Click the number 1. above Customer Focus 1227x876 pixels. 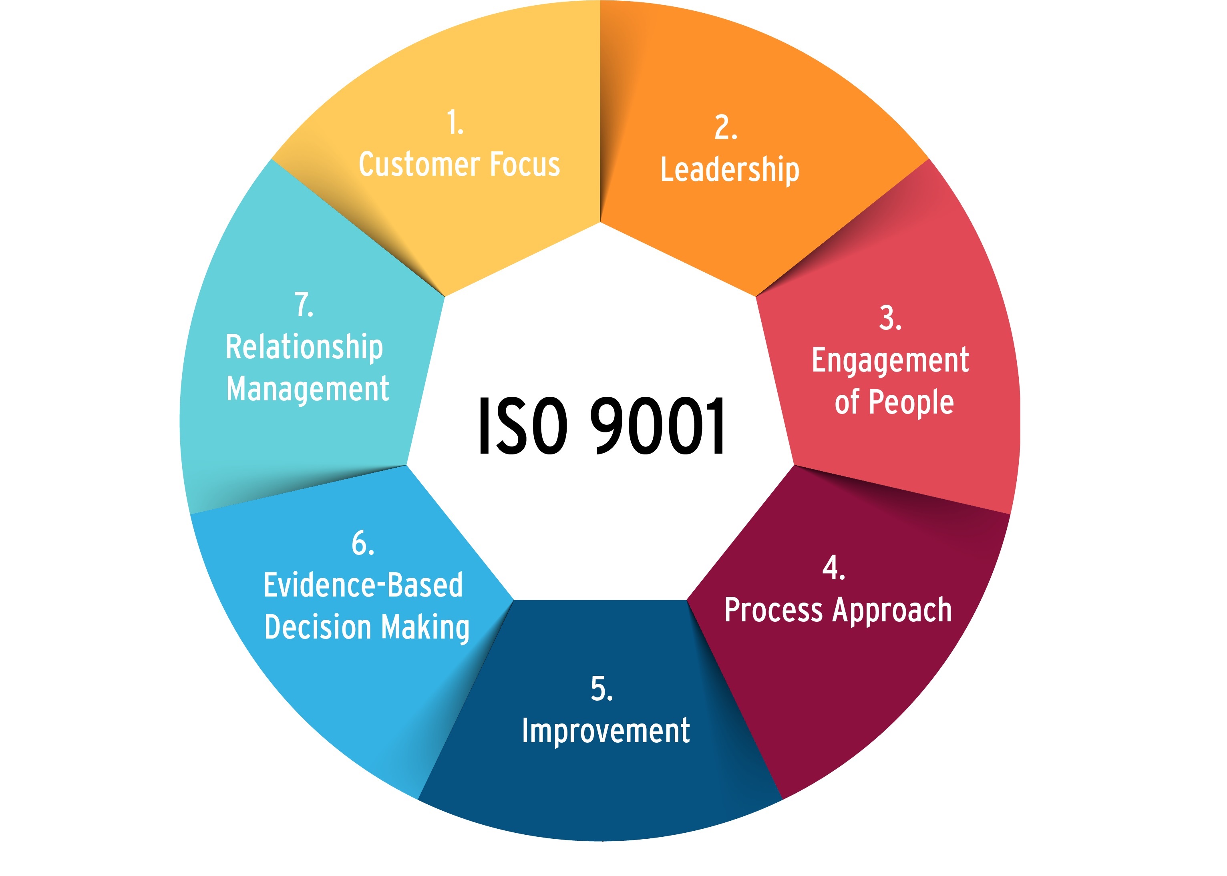click(x=455, y=123)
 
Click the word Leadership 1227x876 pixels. click(x=730, y=170)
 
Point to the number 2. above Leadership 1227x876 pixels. click(x=726, y=128)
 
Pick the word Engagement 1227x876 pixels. click(x=890, y=361)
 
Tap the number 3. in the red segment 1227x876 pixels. click(x=890, y=318)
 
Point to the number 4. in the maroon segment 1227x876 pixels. click(x=834, y=568)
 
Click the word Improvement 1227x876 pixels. click(x=605, y=731)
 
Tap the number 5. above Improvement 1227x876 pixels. click(x=601, y=689)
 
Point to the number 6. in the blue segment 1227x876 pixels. click(x=362, y=543)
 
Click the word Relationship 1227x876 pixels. click(x=304, y=347)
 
